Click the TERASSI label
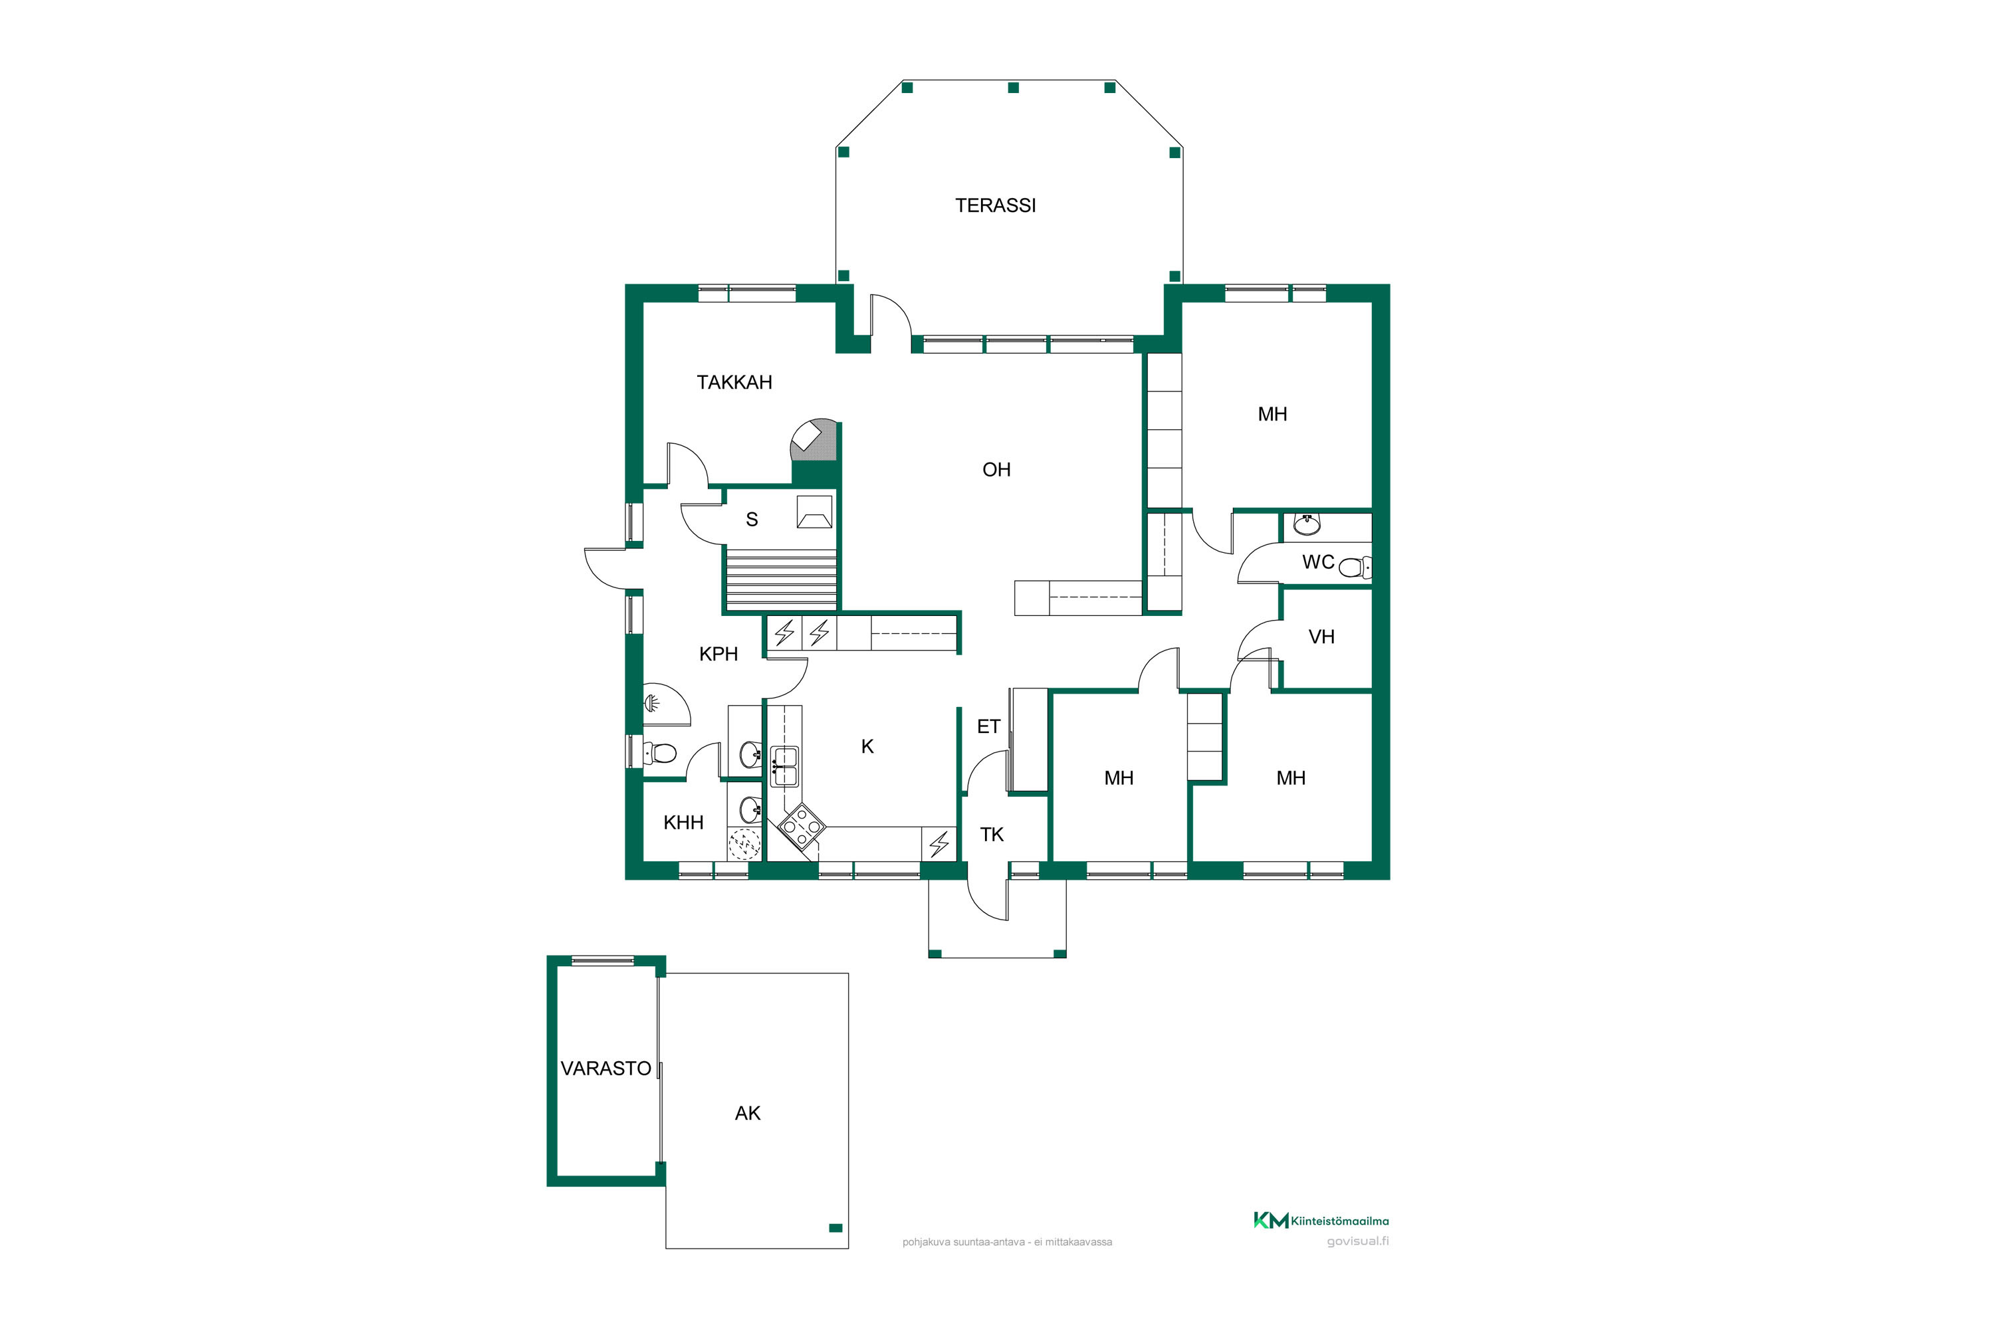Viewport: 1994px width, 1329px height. click(995, 205)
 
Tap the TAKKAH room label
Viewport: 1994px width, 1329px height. click(734, 382)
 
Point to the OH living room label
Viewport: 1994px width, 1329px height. click(996, 470)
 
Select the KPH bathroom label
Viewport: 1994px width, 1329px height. click(718, 653)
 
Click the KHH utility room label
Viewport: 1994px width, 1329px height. click(683, 822)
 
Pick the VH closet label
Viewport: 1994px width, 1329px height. click(1321, 637)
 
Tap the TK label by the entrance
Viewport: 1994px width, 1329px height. click(991, 835)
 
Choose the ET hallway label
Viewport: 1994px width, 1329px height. click(988, 726)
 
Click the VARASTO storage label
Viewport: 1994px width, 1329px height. click(606, 1069)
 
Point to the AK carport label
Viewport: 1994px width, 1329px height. click(747, 1114)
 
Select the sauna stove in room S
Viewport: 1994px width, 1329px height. click(814, 512)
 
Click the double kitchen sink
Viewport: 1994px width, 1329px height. click(784, 766)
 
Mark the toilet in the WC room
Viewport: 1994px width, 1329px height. click(1355, 567)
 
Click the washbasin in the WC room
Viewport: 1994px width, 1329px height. click(1307, 525)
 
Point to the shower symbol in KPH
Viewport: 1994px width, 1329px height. click(653, 702)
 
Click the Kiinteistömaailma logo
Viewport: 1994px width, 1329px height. click(1321, 1221)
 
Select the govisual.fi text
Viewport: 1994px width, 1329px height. click(1357, 1242)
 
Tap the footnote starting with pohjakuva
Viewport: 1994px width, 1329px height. click(1007, 1243)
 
